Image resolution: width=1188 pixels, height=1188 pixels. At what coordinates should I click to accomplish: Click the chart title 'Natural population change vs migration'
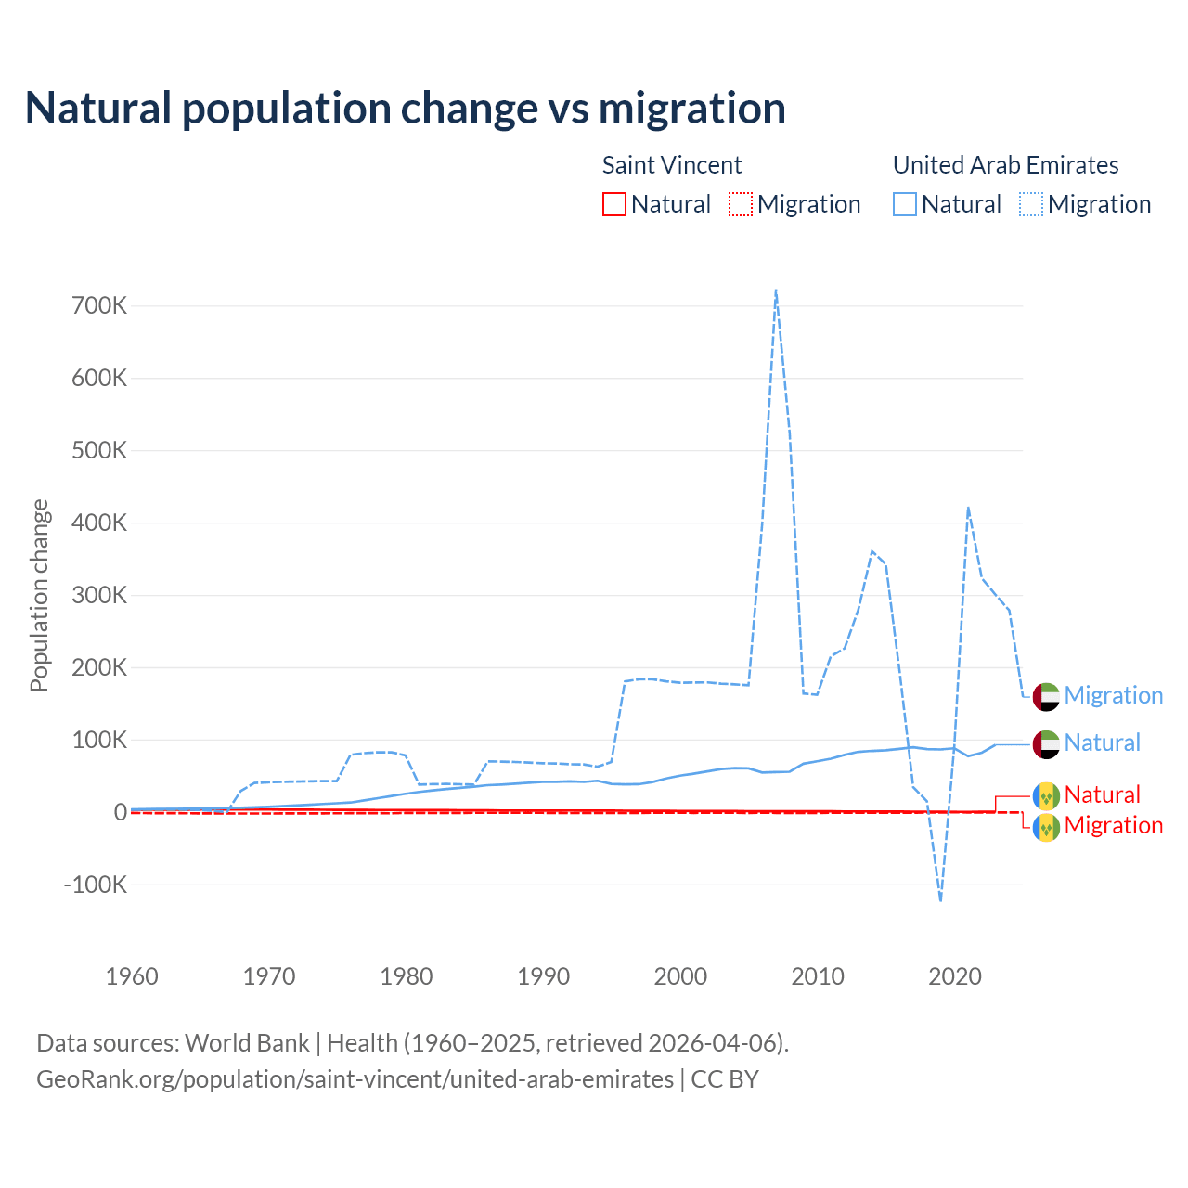[x=405, y=108]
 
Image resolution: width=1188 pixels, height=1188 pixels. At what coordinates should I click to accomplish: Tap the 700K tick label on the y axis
[x=99, y=305]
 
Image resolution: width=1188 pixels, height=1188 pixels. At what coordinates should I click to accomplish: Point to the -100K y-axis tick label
[x=96, y=885]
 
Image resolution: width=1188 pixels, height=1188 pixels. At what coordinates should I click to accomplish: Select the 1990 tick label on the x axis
[x=543, y=976]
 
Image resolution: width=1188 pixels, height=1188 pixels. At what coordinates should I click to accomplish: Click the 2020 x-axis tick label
[x=955, y=976]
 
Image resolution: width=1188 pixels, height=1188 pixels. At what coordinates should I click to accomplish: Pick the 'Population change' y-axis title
[x=39, y=595]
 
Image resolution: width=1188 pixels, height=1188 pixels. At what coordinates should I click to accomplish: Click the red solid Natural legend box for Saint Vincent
[x=614, y=204]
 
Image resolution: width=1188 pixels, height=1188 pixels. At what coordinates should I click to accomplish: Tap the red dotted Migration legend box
[x=741, y=204]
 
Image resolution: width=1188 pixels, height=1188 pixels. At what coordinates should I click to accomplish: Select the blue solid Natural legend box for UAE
[x=905, y=204]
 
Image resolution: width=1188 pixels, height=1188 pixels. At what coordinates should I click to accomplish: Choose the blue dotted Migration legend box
[x=1031, y=204]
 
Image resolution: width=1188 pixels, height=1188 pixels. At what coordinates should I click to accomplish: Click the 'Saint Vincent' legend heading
[x=672, y=165]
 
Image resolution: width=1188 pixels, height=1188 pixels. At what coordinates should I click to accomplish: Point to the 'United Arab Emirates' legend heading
[x=1005, y=165]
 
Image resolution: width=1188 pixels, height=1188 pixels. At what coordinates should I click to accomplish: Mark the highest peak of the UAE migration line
[x=775, y=291]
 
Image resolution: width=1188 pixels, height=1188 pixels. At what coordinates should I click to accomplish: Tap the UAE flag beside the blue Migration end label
[x=1046, y=696]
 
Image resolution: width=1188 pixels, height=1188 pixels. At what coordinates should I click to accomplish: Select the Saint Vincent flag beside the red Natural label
[x=1046, y=795]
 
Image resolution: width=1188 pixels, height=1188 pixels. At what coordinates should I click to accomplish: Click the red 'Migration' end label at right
[x=1113, y=825]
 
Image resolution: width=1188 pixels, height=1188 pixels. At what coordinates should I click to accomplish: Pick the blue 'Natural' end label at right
[x=1102, y=742]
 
